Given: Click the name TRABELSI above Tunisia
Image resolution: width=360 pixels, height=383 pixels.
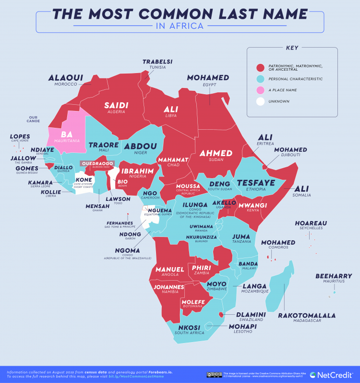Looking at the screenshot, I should tap(157, 62).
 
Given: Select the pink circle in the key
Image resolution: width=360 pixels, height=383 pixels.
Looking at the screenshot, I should tap(261, 90).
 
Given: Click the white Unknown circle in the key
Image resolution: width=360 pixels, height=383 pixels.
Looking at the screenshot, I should tap(261, 101).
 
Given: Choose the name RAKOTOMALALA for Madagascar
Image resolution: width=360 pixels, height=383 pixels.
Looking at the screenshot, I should tap(306, 316).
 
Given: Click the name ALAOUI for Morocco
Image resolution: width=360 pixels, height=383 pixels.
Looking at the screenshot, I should tap(66, 77).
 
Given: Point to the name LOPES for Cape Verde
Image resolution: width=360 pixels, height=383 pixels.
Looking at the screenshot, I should tap(20, 136).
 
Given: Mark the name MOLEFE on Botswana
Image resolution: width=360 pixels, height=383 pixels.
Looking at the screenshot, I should tap(193, 301).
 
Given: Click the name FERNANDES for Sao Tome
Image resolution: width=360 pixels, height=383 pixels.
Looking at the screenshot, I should tap(120, 223).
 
